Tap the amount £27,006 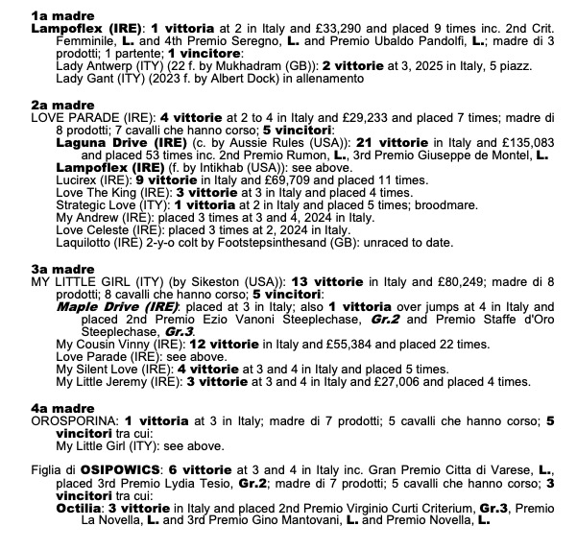pos(397,381)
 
